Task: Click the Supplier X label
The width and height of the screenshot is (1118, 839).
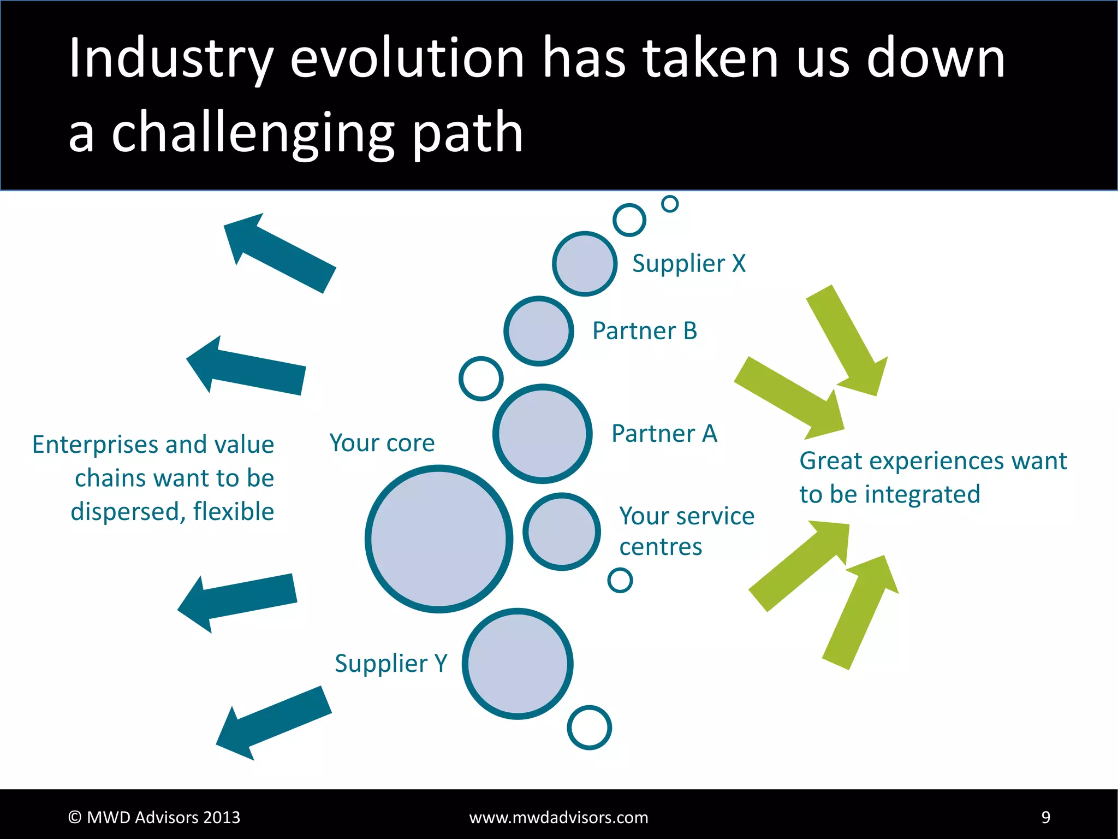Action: (688, 264)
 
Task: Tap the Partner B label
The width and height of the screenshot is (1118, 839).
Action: (645, 331)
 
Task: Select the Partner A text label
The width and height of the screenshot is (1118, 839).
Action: (664, 434)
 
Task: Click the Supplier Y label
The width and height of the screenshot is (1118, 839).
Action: (391, 664)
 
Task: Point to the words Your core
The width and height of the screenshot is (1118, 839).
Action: (382, 442)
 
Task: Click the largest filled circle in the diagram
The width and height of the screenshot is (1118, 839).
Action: (439, 539)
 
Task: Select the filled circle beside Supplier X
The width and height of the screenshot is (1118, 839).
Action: (585, 264)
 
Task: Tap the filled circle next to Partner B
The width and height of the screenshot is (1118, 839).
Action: (539, 331)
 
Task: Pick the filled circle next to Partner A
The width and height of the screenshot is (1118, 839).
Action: (543, 434)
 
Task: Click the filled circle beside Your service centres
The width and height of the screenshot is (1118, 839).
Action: (562, 531)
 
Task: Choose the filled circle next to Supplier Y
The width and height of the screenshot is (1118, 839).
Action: (518, 664)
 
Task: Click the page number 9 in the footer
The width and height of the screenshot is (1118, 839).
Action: (1045, 817)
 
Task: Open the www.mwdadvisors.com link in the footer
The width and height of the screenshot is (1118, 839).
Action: (558, 817)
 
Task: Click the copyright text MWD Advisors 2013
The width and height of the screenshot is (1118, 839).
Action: (154, 817)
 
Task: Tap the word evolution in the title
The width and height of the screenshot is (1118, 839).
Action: (407, 58)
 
